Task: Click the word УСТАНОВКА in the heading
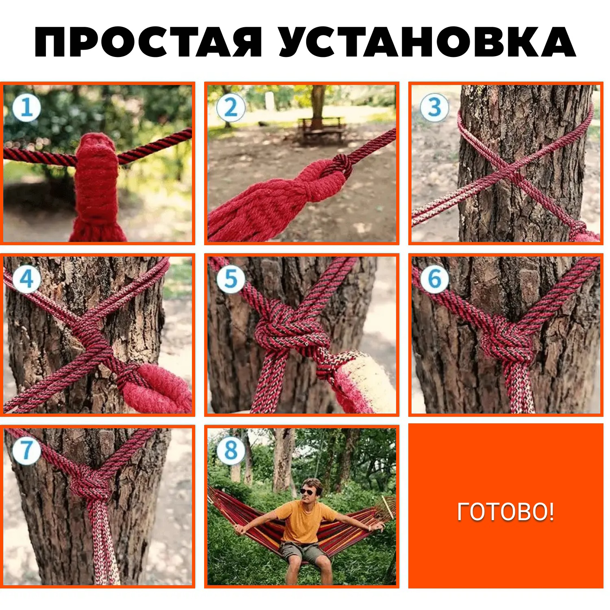tap(427, 42)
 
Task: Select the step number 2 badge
tap(231, 108)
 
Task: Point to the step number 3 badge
tap(435, 108)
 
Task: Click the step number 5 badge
tap(231, 279)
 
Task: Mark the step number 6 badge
tap(435, 279)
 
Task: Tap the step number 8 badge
tap(231, 451)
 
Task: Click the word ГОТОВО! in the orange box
tap(505, 512)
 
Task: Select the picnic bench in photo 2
tap(321, 129)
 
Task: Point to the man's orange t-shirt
tap(306, 522)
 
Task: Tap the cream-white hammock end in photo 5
tap(368, 382)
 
